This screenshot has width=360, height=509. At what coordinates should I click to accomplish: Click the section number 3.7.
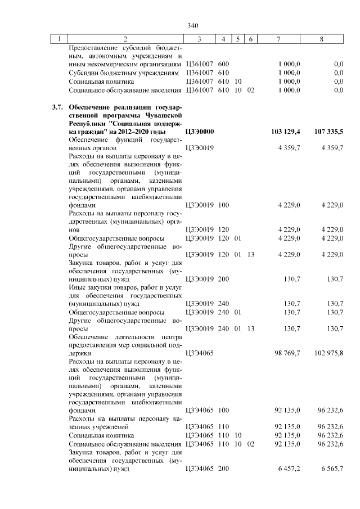point(56,107)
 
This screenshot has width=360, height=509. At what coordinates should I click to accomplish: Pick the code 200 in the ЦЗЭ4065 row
point(223,468)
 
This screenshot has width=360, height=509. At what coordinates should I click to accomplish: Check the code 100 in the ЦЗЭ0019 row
point(223,205)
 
